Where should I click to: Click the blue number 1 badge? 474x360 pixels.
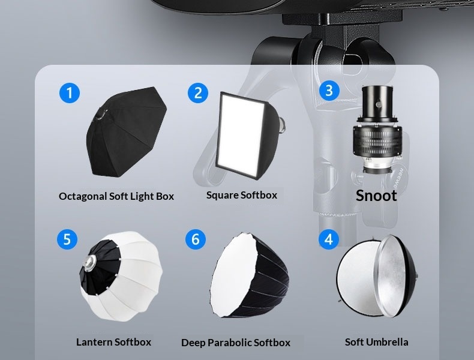point(70,92)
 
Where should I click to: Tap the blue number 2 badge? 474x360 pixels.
point(198,92)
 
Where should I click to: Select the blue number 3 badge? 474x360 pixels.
point(329,91)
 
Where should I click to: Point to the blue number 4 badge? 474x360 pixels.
point(329,239)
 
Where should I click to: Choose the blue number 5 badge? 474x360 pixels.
point(67,239)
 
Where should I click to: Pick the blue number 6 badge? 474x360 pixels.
point(196,239)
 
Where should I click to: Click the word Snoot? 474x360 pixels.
point(376,196)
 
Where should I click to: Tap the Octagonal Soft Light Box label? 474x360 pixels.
point(116,196)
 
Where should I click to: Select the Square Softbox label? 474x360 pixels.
point(242,195)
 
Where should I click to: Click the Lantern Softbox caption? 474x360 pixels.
point(113,342)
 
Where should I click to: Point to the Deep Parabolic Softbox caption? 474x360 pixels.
point(236,343)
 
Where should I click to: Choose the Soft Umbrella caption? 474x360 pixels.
point(377,342)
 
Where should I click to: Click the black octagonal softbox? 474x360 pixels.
point(127,132)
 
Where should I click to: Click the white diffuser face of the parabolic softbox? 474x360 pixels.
point(233,274)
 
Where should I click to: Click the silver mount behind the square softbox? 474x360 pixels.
point(282,125)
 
